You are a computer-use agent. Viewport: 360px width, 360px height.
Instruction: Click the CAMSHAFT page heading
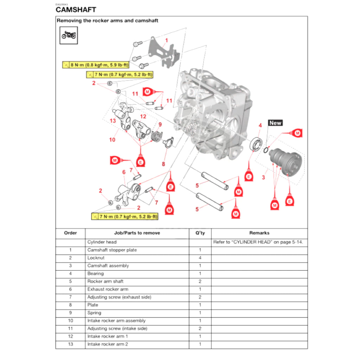[x=76, y=9]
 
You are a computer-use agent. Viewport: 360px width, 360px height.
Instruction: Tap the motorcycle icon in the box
[x=69, y=35]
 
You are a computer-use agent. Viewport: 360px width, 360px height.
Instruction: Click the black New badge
[x=275, y=123]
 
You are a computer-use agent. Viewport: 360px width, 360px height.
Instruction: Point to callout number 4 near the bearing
[x=260, y=126]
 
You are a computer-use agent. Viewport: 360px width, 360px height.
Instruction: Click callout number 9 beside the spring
[x=160, y=124]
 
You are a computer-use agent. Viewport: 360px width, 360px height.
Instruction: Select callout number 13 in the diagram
[x=112, y=121]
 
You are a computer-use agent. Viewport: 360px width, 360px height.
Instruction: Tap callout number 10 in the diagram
[x=112, y=140]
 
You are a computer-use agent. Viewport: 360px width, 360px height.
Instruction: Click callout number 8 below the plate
[x=163, y=163]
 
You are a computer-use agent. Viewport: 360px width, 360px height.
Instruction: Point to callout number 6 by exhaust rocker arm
[x=124, y=172]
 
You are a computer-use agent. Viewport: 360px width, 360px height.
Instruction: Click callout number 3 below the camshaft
[x=263, y=177]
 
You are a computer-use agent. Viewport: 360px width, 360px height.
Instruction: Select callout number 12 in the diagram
[x=143, y=116]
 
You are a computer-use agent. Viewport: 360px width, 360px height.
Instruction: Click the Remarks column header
[x=259, y=233]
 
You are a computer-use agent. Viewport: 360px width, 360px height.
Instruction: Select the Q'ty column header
[x=200, y=233]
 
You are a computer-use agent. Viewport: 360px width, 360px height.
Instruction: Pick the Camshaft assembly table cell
[x=108, y=266]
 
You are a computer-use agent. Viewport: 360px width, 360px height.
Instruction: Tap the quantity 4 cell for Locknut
[x=200, y=258]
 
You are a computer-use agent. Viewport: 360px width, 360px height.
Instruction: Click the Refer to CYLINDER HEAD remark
[x=258, y=242]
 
